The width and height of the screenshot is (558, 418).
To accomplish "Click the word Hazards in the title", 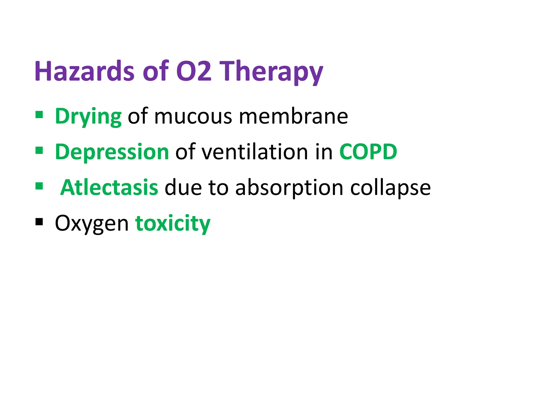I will pos(84,71).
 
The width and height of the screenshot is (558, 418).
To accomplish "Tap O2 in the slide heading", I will pos(194,71).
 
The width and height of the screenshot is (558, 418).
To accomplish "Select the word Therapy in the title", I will pos(271,72).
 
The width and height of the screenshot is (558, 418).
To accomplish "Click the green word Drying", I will pos(88,117).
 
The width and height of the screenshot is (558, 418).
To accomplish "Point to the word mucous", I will pos(193,117).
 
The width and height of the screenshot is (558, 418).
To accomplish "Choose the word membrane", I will pos(293,116).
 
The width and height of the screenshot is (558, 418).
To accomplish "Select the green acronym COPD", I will pos(368,152).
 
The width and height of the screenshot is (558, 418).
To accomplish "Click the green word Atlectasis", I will pos(109,188).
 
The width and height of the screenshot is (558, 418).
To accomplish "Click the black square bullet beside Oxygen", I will pos(39,222).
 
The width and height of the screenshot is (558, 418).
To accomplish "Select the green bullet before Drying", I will pos(39,115).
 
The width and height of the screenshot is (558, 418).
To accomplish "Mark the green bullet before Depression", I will pos(39,150).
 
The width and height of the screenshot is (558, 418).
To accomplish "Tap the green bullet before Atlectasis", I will pos(39,186).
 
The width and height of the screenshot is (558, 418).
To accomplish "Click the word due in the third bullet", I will pos(183,188).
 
